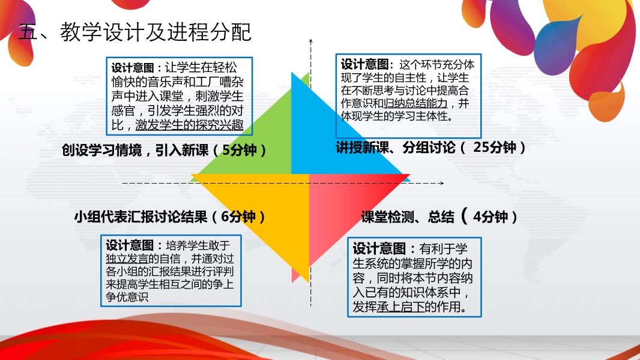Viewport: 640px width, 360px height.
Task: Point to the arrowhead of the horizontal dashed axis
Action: (442, 183)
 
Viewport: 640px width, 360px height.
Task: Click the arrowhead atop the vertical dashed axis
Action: (310, 41)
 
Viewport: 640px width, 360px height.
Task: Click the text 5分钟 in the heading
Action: (240, 150)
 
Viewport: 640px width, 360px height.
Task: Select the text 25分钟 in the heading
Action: (495, 147)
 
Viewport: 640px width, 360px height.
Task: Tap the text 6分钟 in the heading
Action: (238, 217)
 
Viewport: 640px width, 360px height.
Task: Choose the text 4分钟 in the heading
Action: (491, 217)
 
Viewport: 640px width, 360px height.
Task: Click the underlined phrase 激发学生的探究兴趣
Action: (189, 125)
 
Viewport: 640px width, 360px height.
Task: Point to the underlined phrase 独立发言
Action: (127, 259)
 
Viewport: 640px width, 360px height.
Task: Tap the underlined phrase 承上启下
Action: (401, 307)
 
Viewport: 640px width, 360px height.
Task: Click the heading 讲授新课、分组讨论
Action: (396, 147)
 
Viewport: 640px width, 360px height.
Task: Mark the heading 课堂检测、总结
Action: (407, 217)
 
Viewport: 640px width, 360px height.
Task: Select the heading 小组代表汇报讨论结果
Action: (141, 217)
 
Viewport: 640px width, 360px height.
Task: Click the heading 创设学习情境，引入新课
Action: (135, 150)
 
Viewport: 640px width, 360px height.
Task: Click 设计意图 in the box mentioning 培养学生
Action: (130, 245)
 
